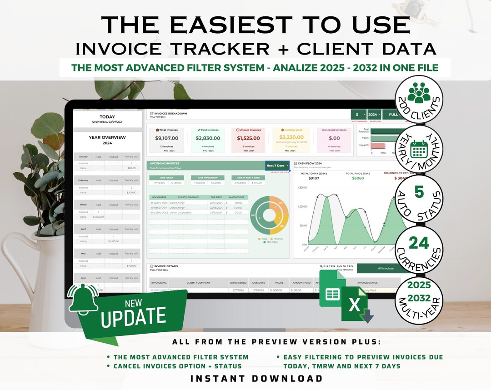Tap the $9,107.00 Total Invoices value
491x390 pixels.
point(166,138)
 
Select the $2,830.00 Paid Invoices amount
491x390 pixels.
point(208,138)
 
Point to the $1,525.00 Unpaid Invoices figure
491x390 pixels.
point(249,138)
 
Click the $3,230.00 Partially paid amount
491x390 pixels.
point(291,137)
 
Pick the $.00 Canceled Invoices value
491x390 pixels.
point(334,138)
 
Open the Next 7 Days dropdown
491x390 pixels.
point(277,166)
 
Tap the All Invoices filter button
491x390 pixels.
point(386,268)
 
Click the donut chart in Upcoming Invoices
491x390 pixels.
point(270,215)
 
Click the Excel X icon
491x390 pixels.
point(355,304)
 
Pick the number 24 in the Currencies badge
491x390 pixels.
point(419,244)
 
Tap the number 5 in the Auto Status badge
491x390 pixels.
point(419,193)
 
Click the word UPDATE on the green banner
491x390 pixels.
point(134,316)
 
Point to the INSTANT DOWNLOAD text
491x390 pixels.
point(256,378)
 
